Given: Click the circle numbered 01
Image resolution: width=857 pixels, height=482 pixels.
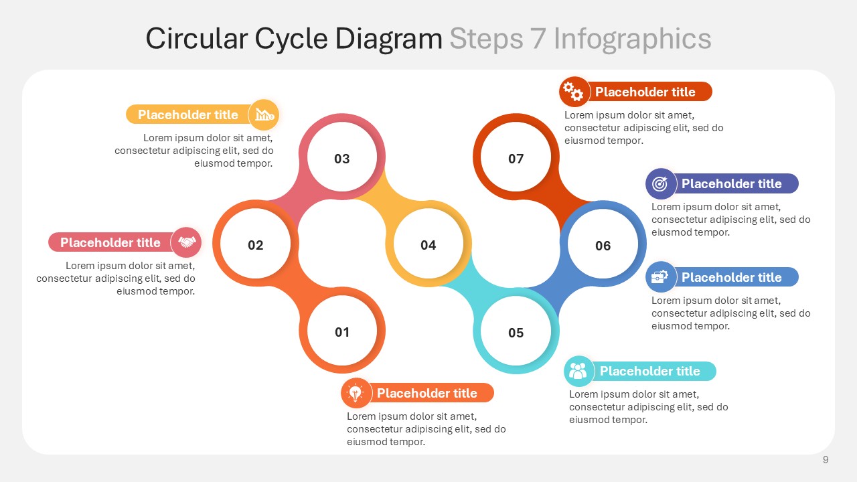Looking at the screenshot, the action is pyautogui.click(x=342, y=331).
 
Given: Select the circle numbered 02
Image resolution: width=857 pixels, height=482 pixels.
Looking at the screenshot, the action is pyautogui.click(x=256, y=244).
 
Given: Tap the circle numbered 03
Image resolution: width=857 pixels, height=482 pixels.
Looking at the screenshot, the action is pyautogui.click(x=342, y=157).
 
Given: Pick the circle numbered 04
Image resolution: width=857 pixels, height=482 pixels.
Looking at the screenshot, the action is pyautogui.click(x=428, y=244).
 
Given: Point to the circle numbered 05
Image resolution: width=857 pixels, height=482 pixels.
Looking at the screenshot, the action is pyautogui.click(x=516, y=331).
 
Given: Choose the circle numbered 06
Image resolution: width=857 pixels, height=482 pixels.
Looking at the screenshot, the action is pyautogui.click(x=603, y=244).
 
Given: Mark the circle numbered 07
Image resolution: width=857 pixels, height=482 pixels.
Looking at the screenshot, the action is pyautogui.click(x=516, y=157).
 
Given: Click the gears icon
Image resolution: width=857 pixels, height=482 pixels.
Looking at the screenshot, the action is pyautogui.click(x=573, y=92).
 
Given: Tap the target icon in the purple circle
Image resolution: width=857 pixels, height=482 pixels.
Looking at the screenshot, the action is pyautogui.click(x=660, y=183).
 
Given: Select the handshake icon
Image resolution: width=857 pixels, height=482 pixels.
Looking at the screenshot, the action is pyautogui.click(x=187, y=242).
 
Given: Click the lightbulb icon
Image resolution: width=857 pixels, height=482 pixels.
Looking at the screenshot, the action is pyautogui.click(x=356, y=393).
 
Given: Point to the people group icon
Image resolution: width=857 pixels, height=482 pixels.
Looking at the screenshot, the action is pyautogui.click(x=578, y=370).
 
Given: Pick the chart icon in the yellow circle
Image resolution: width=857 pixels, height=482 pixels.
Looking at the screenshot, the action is pyautogui.click(x=264, y=114).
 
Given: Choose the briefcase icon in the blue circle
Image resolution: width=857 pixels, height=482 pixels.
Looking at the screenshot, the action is pyautogui.click(x=659, y=276).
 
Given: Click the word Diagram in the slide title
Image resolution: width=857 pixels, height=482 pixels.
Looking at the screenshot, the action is pyautogui.click(x=388, y=39).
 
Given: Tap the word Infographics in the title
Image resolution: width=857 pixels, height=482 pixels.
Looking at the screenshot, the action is pyautogui.click(x=633, y=39).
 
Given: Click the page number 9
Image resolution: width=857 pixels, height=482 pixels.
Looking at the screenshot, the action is pyautogui.click(x=826, y=459).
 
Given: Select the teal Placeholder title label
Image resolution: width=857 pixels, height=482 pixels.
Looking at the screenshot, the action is pyautogui.click(x=649, y=371).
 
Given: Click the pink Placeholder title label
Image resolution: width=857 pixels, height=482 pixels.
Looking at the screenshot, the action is pyautogui.click(x=110, y=242).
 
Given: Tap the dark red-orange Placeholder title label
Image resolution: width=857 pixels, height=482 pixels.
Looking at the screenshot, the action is pyautogui.click(x=645, y=92).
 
